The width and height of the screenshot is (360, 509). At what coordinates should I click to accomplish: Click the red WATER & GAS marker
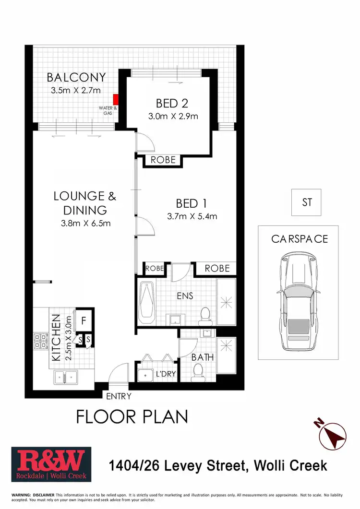point(115,100)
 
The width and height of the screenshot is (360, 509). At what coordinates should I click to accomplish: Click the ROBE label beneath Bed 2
point(164,160)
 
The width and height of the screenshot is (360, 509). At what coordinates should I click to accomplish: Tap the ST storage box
point(307,202)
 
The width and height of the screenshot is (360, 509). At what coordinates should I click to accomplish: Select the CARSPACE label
point(300,238)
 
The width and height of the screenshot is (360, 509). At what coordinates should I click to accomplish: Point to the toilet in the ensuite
point(205,315)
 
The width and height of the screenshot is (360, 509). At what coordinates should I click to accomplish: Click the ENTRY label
point(118,396)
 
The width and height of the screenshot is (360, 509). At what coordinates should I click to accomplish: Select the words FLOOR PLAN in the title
point(132,417)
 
